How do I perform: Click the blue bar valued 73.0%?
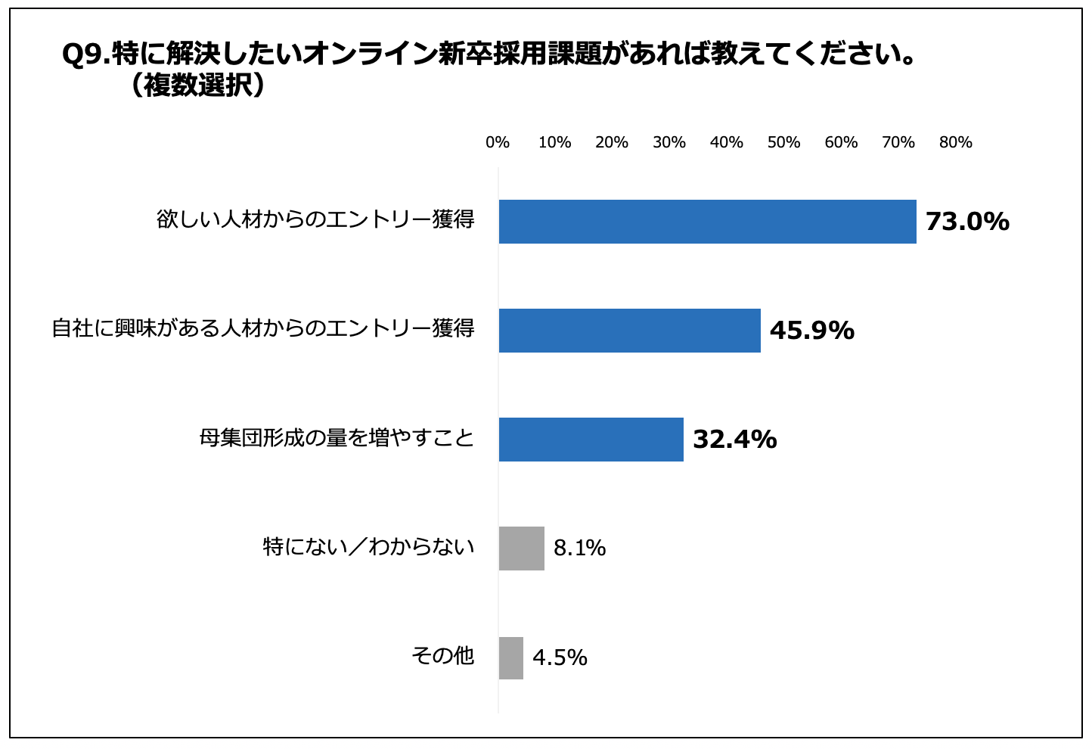(x=707, y=222)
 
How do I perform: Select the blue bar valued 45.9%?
(x=629, y=331)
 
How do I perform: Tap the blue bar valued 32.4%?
(x=591, y=440)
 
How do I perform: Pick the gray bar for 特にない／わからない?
(x=521, y=549)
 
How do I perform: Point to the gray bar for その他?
(x=510, y=657)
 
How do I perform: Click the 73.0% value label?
(x=967, y=222)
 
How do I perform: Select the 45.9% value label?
(x=811, y=331)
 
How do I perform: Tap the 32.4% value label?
(x=734, y=440)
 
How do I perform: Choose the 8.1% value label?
(x=579, y=549)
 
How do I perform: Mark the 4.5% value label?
(x=560, y=657)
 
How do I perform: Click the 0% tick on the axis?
(x=498, y=142)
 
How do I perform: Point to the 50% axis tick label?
(x=783, y=142)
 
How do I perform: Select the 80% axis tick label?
(x=955, y=142)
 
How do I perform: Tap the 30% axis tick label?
(x=669, y=142)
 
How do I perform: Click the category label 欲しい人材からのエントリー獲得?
(x=315, y=219)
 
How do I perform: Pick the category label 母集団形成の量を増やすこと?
(x=337, y=438)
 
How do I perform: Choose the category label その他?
(x=442, y=655)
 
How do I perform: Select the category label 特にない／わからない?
(x=368, y=546)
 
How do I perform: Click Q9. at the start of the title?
(x=85, y=55)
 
